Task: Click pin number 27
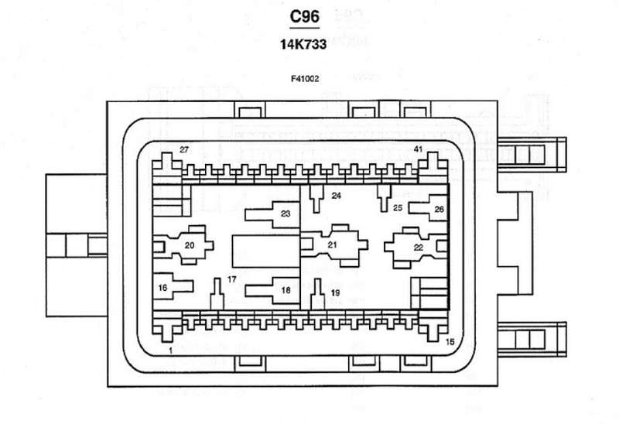pyautogui.click(x=184, y=149)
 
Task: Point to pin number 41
pyautogui.click(x=419, y=149)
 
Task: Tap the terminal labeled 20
pyautogui.click(x=188, y=245)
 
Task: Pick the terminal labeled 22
pyautogui.click(x=419, y=247)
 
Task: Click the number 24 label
pyautogui.click(x=336, y=196)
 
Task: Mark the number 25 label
pyautogui.click(x=398, y=207)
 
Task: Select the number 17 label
pyautogui.click(x=231, y=279)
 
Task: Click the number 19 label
pyautogui.click(x=335, y=292)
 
